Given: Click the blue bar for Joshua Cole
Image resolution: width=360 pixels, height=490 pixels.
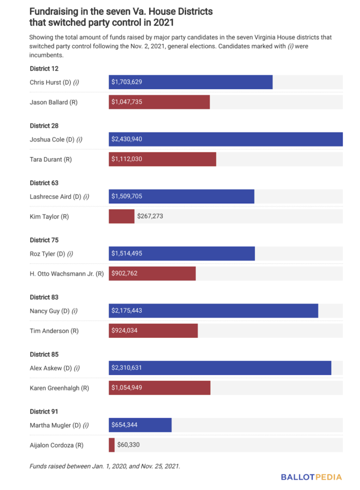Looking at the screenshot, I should coord(225,139).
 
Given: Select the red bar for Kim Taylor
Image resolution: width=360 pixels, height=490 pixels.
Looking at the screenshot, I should coord(121,216).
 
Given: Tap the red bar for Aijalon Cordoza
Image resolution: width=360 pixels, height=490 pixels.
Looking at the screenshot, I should coord(112,445).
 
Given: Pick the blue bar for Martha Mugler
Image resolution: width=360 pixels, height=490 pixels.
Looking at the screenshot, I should coord(140,425).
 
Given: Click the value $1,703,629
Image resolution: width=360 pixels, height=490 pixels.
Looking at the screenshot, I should coord(127,82).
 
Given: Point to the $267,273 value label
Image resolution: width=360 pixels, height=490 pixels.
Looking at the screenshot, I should coord(150,216).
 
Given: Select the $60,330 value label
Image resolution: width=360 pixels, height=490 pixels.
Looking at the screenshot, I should coord(128,445).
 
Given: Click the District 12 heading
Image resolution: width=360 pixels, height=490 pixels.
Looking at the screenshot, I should coord(44,68).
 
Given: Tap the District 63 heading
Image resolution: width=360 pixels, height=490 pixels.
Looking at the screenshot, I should coord(44,183).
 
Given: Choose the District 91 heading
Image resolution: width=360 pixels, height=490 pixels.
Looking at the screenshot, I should coord(44,412).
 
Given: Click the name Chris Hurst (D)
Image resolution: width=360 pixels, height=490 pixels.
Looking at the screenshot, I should coord(54,82).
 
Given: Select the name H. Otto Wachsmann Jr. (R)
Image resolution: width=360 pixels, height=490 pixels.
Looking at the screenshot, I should coord(66,274).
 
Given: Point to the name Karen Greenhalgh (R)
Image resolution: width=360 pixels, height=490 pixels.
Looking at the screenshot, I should coord(59,388).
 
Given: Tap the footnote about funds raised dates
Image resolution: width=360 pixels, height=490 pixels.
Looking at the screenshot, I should coord(105,465).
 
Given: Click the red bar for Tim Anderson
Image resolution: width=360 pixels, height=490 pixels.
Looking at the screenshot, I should coord(153,331).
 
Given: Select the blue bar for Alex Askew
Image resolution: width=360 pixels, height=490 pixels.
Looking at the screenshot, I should coord(220,368).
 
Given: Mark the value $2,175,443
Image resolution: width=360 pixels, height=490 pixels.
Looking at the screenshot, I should coord(127,311).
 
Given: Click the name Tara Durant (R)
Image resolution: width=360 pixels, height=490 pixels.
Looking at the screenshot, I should coord(51,159).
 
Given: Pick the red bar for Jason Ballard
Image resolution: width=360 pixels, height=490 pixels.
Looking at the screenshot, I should coord(159,102).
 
